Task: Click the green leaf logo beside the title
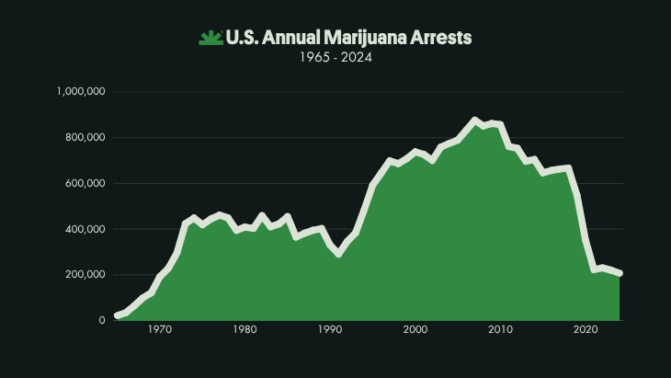[x=210, y=38]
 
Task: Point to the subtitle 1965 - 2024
[x=335, y=57]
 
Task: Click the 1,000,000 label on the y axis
[x=81, y=92]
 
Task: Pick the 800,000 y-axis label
[x=85, y=138]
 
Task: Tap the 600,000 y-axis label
[x=85, y=183]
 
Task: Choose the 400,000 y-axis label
[x=85, y=229]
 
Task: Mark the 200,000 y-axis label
[x=85, y=274]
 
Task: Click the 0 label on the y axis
[x=102, y=320]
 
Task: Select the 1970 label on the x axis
[x=159, y=330]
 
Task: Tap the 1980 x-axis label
[x=245, y=330]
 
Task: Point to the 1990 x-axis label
[x=330, y=330]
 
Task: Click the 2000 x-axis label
[x=415, y=330]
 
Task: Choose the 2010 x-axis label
[x=501, y=330]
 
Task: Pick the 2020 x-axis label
[x=586, y=330]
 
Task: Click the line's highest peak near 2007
[x=474, y=120]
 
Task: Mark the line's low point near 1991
[x=338, y=254]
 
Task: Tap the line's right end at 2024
[x=620, y=273]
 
